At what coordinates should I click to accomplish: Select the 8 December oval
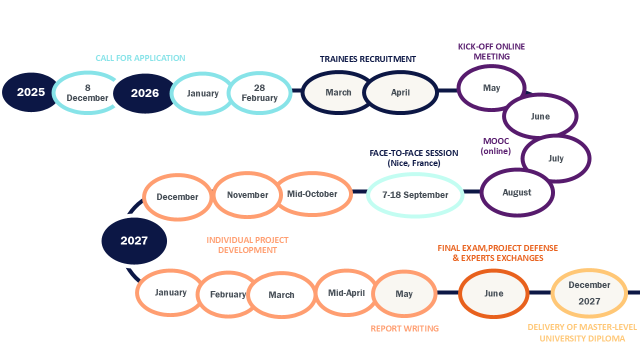pos(87,93)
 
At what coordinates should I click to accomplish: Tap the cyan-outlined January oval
pos(202,93)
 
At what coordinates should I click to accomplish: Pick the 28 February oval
pos(259,93)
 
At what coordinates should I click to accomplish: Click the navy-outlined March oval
pos(338,92)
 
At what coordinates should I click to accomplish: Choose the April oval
pos(400,92)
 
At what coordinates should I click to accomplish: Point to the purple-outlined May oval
pos(491,88)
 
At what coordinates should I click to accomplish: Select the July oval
pos(555,158)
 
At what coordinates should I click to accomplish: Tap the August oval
pos(517,192)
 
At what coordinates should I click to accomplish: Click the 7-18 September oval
pos(415,195)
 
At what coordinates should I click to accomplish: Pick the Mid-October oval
pos(312,194)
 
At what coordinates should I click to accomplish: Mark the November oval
pos(247,195)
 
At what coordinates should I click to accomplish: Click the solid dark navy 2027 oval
pos(134,241)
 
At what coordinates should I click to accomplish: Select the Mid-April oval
pos(346,293)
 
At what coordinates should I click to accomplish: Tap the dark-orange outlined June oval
pos(493,293)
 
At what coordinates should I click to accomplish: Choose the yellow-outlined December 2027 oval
pos(589,293)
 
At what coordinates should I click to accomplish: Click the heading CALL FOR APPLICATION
pos(140,58)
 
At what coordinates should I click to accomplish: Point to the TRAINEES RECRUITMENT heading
pos(368,59)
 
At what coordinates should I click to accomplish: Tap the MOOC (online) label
pos(496,146)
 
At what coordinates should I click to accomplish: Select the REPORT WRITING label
pos(404,328)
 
